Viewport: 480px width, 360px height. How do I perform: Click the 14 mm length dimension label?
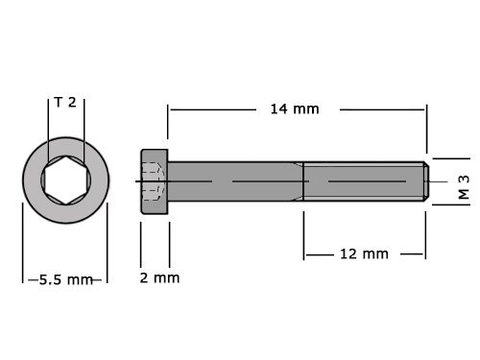(293, 108)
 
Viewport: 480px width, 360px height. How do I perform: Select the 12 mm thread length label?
(364, 253)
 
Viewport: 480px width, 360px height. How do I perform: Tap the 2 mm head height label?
(158, 278)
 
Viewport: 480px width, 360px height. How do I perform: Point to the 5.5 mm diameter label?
(65, 279)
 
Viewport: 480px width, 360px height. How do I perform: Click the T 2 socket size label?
(65, 102)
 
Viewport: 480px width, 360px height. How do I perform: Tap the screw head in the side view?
(155, 180)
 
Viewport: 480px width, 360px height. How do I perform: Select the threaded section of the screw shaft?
(363, 180)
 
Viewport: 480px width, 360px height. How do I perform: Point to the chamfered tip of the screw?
(423, 180)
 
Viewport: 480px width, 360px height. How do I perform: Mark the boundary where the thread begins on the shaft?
(303, 180)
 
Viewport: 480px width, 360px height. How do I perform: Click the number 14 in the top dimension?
(278, 108)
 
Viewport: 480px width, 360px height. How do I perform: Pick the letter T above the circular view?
(58, 102)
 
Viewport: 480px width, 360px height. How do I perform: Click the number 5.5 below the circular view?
(53, 279)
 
